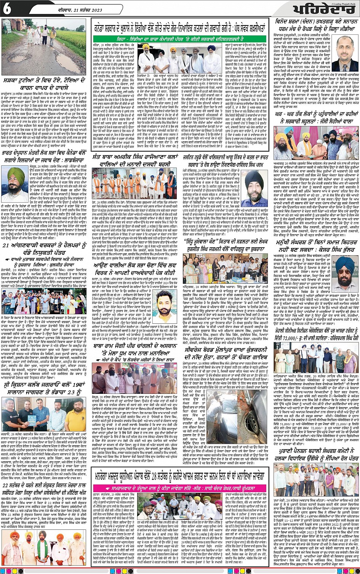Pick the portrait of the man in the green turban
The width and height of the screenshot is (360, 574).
17,185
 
